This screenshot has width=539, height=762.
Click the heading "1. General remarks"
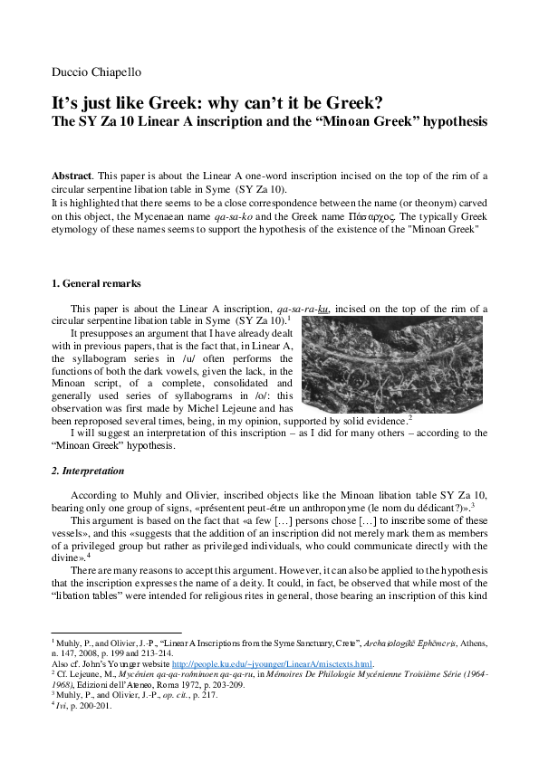[x=96, y=284]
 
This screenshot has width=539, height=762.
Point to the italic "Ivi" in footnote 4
[x=63, y=707]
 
